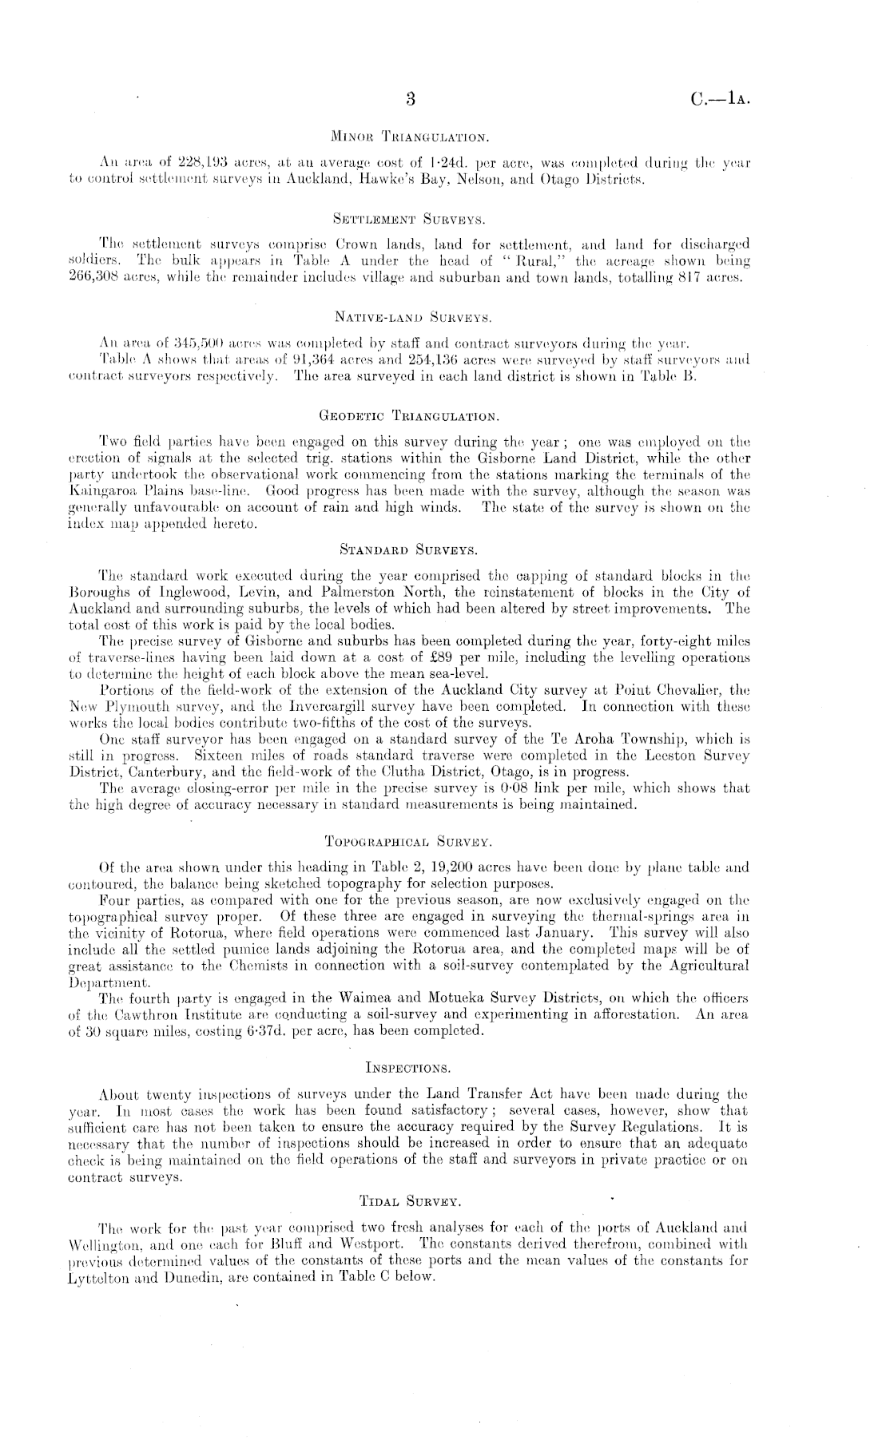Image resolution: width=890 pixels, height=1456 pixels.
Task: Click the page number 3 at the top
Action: [411, 100]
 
